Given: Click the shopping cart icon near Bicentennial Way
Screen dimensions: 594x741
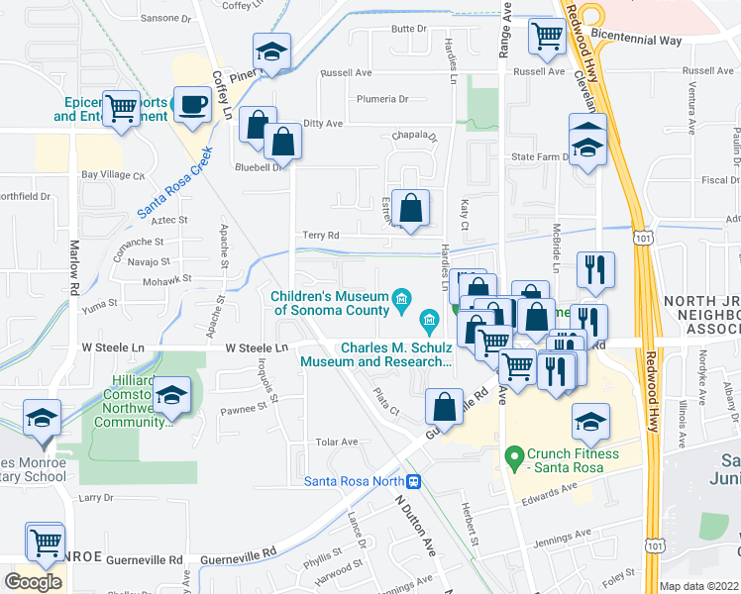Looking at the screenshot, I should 547,37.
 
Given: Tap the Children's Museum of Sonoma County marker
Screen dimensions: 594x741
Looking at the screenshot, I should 402,298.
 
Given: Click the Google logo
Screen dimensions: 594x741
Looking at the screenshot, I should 34,582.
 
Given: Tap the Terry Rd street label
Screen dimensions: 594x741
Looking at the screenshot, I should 320,236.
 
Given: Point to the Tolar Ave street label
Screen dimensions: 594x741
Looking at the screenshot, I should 335,442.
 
